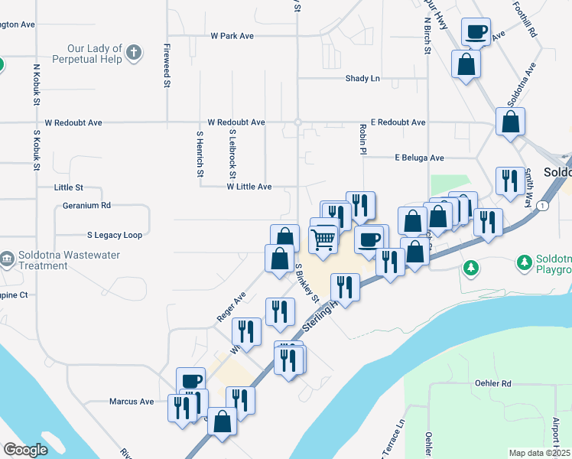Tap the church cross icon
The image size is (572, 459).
coord(135,53)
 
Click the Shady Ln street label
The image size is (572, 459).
coord(362,78)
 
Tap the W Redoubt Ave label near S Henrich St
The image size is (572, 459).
coord(236,122)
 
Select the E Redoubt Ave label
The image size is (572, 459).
coord(398,122)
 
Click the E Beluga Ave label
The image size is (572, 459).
coord(419,158)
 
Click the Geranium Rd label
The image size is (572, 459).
coord(86,205)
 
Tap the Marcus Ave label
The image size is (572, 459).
coord(132,401)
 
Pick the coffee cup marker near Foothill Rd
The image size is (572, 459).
coord(476,32)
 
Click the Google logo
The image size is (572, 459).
coord(25,450)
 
